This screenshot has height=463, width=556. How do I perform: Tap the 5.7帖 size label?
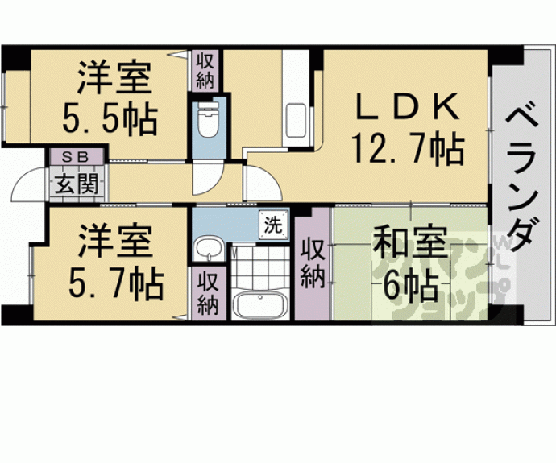pyautogui.click(x=114, y=282)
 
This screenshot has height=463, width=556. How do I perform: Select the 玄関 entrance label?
pyautogui.click(x=77, y=184)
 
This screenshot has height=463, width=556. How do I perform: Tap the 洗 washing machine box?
pyautogui.click(x=274, y=225)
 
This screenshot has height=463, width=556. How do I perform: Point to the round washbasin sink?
pyautogui.click(x=209, y=250)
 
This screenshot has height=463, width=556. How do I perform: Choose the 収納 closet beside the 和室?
pyautogui.click(x=313, y=263)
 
